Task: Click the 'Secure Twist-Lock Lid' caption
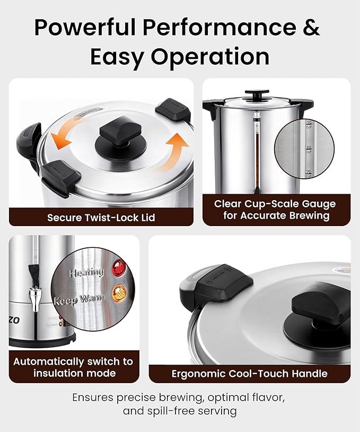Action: pos(101,217)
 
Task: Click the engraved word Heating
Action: pos(86,272)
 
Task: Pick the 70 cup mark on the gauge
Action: pos(309,174)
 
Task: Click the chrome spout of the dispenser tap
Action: pos(36,298)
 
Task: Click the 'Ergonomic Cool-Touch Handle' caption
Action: pos(249,374)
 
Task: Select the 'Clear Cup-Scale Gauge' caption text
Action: pos(275,204)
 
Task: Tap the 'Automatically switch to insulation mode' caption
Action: pos(73,367)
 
